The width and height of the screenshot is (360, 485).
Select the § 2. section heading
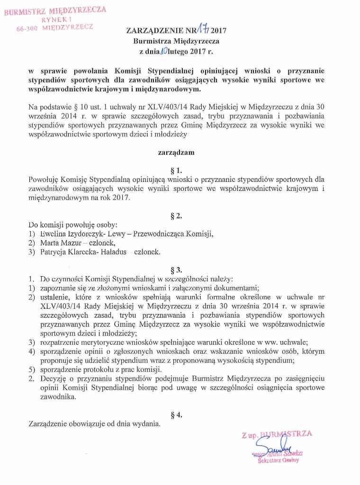(x=176, y=216)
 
